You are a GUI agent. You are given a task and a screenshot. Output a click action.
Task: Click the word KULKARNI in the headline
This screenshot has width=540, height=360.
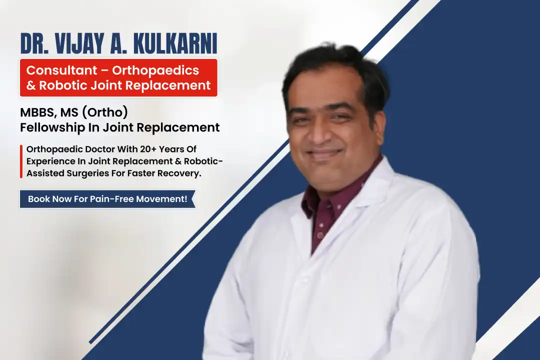[x=175, y=43]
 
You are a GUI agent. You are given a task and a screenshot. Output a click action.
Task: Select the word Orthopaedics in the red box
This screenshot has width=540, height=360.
[x=155, y=70]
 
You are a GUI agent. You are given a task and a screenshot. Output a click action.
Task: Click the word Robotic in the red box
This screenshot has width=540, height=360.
[x=63, y=85]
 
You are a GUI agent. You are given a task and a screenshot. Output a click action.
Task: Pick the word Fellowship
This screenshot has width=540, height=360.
[x=52, y=127]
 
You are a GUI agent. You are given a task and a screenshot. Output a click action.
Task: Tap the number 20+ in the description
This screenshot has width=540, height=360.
[x=148, y=149]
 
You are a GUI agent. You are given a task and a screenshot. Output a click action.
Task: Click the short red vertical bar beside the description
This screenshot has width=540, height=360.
[x=21, y=161]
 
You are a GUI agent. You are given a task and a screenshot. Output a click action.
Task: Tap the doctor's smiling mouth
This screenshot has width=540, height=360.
[x=323, y=154]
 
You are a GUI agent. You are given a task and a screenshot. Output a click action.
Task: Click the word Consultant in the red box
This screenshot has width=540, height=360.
[x=61, y=70]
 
